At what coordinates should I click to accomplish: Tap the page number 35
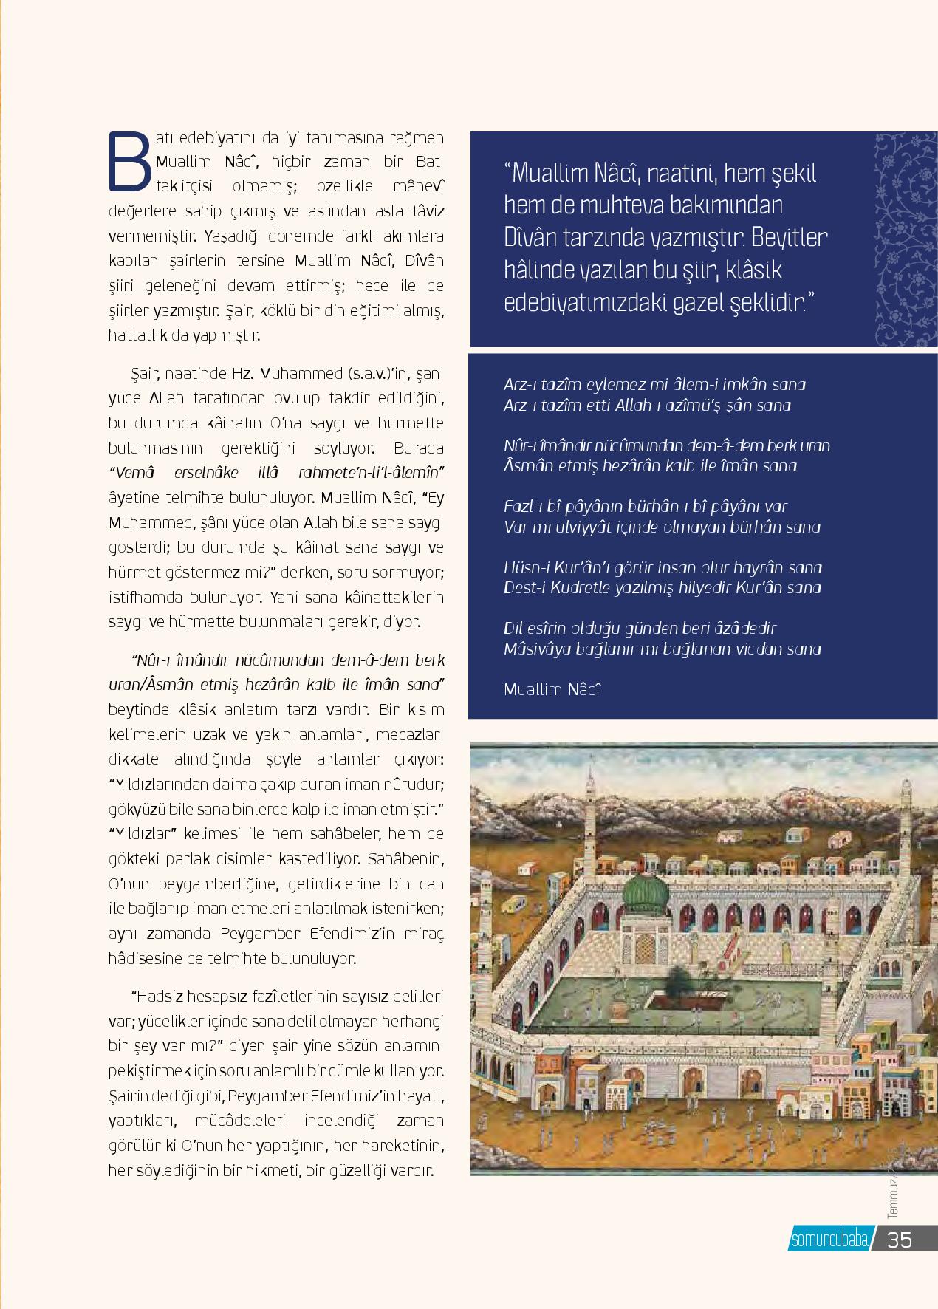(x=900, y=1239)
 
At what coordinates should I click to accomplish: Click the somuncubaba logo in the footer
(x=829, y=1240)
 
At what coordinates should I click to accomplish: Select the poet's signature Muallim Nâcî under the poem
(x=552, y=689)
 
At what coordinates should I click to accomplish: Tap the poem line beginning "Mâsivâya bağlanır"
(x=662, y=649)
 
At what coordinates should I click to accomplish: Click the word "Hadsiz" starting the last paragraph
(x=160, y=996)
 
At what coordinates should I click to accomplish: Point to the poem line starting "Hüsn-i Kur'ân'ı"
(x=663, y=567)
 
